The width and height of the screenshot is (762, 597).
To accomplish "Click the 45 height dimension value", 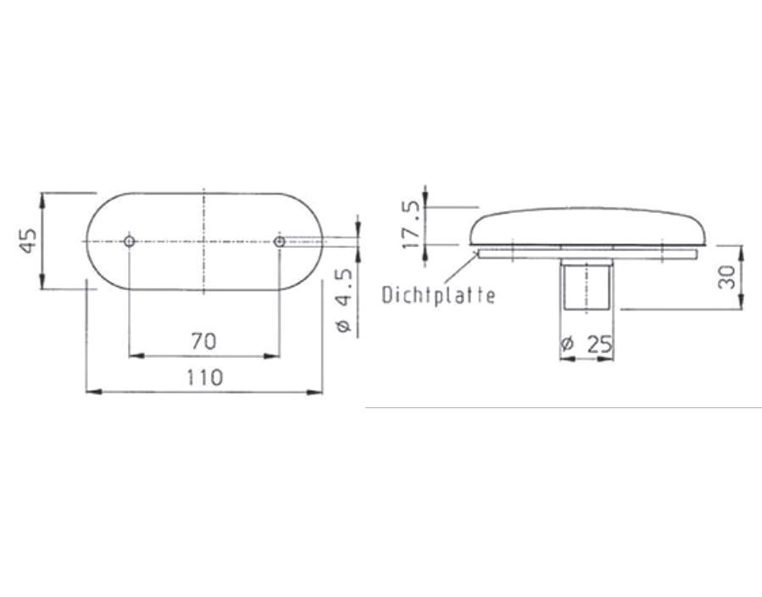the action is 29,241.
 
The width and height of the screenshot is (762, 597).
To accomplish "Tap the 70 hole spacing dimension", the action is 203,341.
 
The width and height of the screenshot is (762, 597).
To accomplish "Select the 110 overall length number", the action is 205,377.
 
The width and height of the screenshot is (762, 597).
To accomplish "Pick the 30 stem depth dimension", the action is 726,276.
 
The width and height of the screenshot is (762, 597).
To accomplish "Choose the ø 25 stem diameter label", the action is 587,344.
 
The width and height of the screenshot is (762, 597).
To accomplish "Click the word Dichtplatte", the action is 438,295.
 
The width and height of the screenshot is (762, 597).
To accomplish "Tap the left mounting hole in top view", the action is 130,241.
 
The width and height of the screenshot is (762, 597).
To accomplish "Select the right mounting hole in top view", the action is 280,241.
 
